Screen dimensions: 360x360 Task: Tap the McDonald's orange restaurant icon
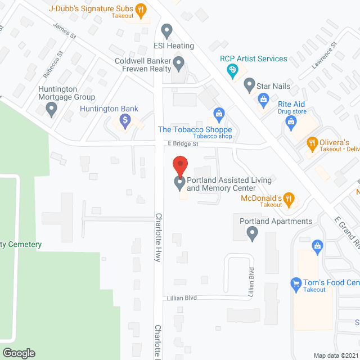(x=289, y=197)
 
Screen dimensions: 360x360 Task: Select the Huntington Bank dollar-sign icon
(x=125, y=120)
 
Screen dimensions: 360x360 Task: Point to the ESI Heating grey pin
(x=166, y=30)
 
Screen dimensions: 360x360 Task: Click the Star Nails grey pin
(x=249, y=86)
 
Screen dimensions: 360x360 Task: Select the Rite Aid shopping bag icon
(x=263, y=100)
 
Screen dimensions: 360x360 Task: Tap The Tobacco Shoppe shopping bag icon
(x=219, y=114)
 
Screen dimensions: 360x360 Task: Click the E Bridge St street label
(x=183, y=145)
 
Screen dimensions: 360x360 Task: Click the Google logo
(x=18, y=353)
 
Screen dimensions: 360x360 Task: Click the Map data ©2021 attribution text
(x=335, y=355)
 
